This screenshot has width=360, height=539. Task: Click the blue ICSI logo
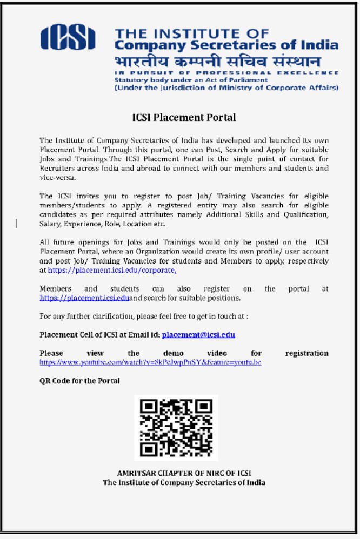(x=68, y=38)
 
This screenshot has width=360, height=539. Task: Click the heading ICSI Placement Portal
(x=184, y=117)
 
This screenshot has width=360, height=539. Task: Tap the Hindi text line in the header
(x=218, y=60)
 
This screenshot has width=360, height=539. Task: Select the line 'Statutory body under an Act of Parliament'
(x=191, y=80)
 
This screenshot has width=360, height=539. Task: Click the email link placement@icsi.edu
(x=198, y=335)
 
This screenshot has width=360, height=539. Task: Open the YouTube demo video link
(x=150, y=362)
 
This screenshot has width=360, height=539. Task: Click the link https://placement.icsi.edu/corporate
(x=111, y=270)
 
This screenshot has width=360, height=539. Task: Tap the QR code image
(x=176, y=428)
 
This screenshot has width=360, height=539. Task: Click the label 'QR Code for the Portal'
(x=79, y=381)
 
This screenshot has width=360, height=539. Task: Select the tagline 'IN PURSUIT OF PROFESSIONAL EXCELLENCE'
(x=226, y=72)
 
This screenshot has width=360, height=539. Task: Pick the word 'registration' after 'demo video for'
(x=306, y=353)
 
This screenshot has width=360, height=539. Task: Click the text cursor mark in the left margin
(x=16, y=223)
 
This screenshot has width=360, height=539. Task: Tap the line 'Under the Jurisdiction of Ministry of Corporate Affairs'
(x=226, y=87)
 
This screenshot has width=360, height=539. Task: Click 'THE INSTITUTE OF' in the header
(x=192, y=33)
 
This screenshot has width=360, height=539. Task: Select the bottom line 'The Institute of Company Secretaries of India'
(x=184, y=482)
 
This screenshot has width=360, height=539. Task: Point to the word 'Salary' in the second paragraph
(x=50, y=224)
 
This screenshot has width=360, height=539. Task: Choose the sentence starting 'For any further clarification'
(x=144, y=316)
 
